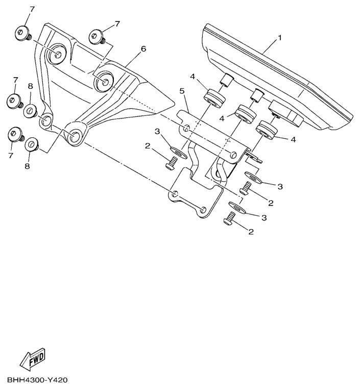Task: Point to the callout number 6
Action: (x=143, y=49)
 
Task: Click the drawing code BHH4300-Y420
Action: (x=37, y=381)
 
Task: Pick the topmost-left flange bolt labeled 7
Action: (x=22, y=34)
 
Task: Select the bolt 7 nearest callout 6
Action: (x=96, y=37)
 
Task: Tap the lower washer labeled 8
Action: (x=32, y=145)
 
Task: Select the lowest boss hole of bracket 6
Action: (x=75, y=136)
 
